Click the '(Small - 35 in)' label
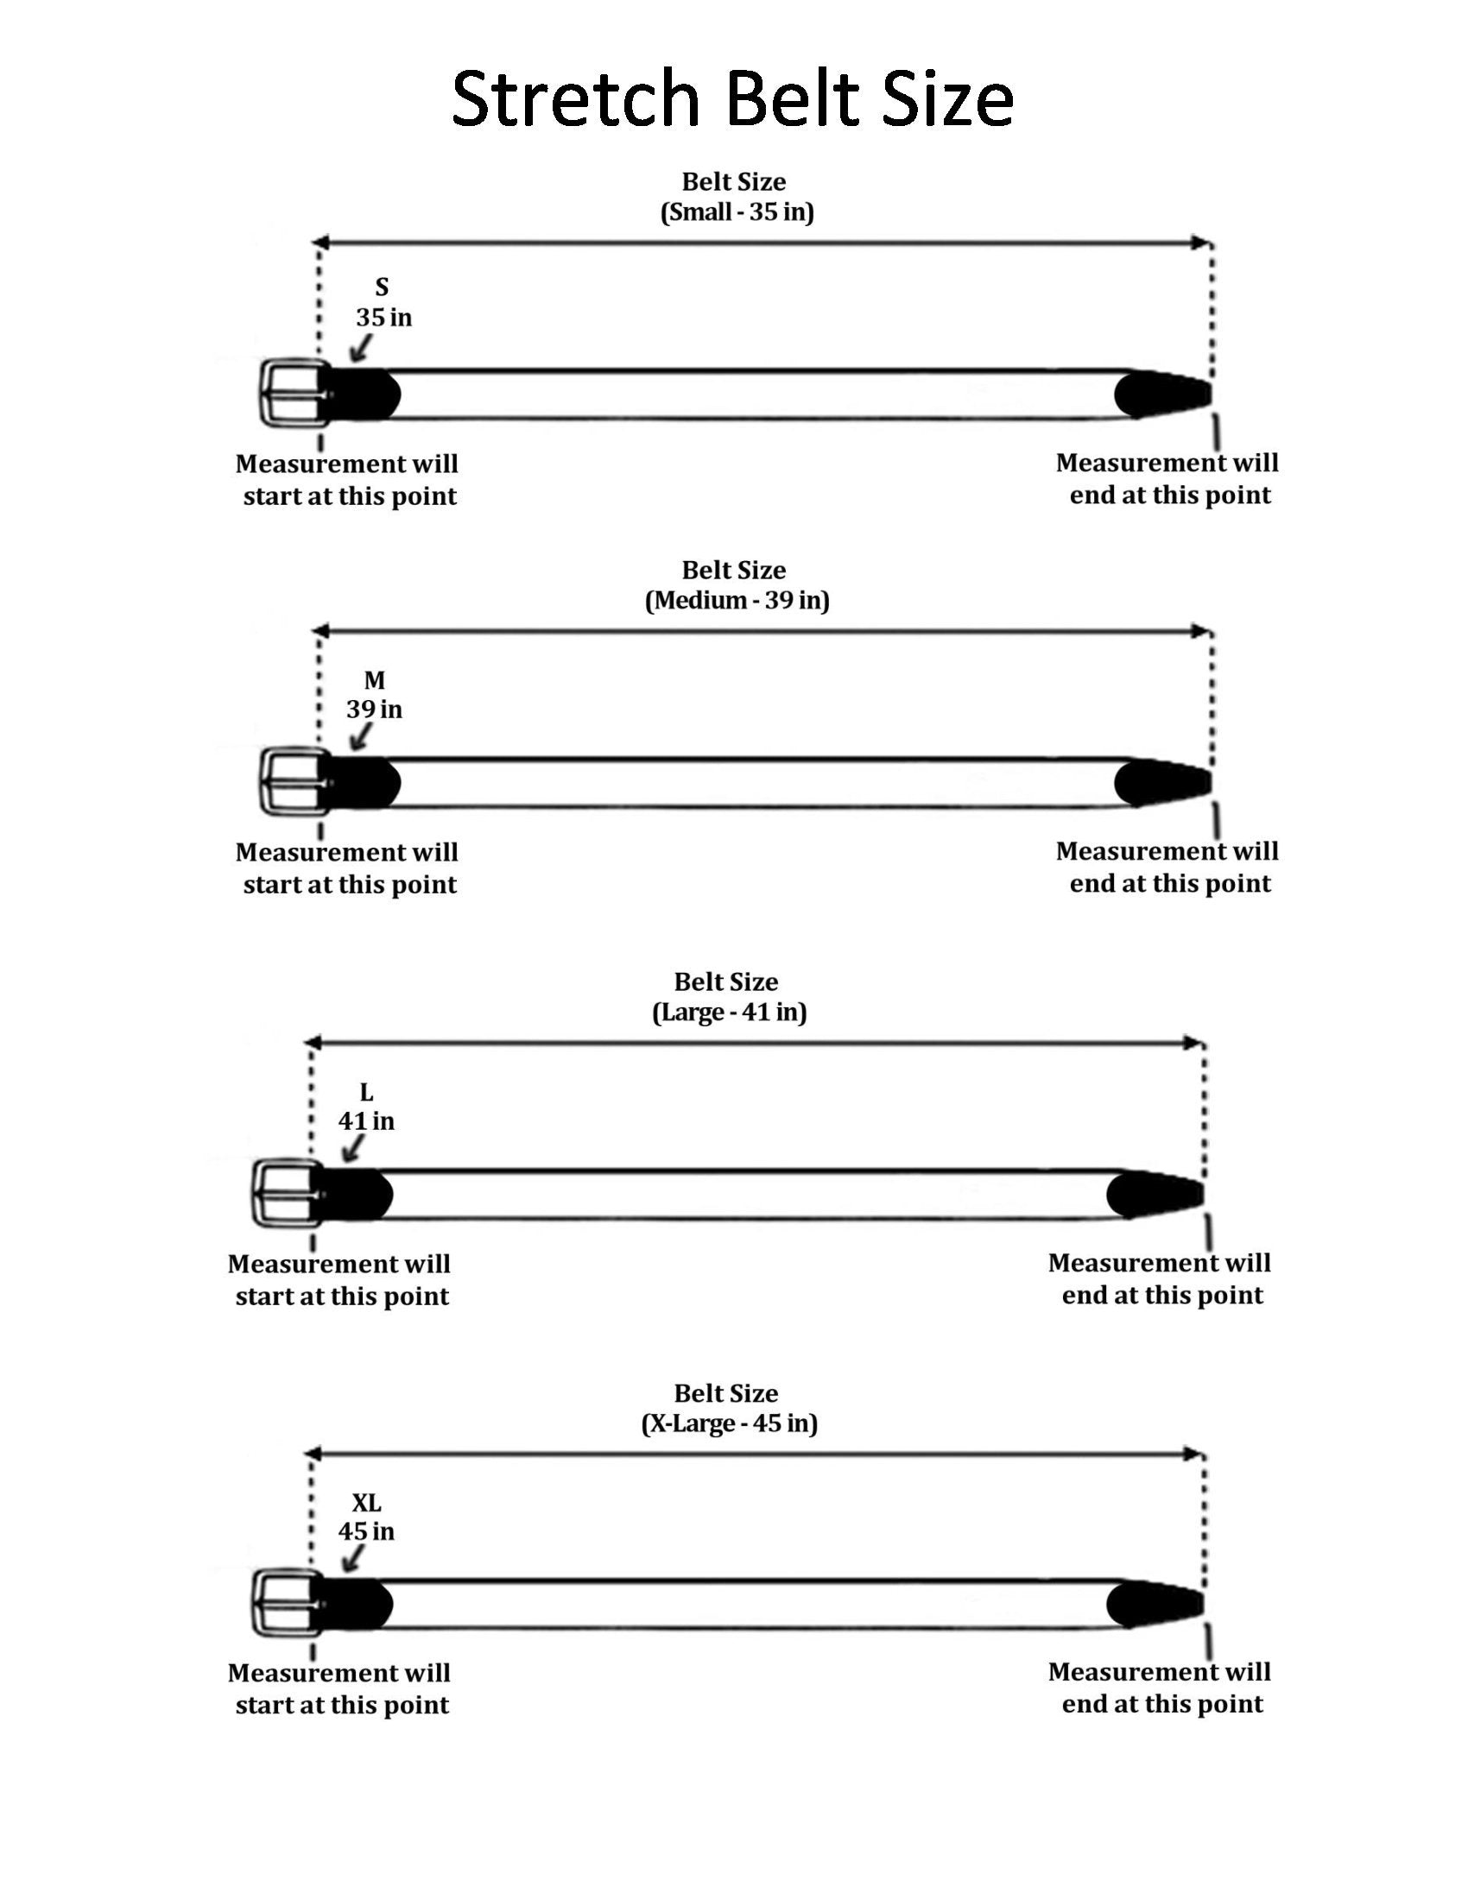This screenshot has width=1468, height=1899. [x=737, y=213]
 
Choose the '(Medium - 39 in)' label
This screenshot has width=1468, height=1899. [x=737, y=601]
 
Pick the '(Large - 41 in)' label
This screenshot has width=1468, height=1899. [x=729, y=1013]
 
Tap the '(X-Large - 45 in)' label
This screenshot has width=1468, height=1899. [x=729, y=1423]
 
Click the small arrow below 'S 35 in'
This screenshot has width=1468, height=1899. [x=359, y=348]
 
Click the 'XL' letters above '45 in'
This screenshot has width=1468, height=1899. [x=366, y=1503]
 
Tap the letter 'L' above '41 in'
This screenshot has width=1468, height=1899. [x=366, y=1092]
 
